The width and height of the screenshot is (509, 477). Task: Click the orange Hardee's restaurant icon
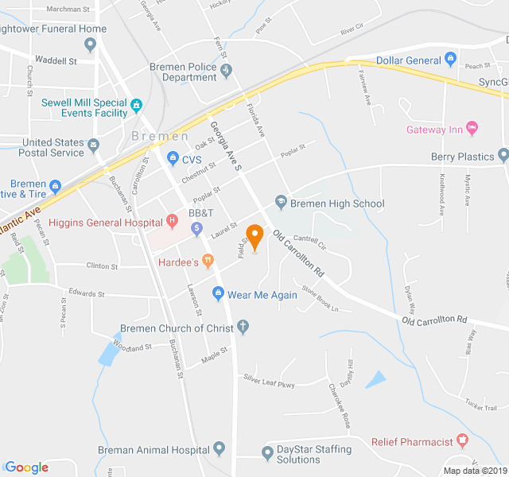click(x=208, y=259)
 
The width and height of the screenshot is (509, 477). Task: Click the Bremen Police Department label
click(x=183, y=72)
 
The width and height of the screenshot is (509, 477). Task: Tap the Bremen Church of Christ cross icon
click(x=243, y=327)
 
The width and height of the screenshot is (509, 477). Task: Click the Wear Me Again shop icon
click(x=218, y=295)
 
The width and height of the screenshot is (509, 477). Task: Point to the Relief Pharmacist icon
click(x=463, y=441)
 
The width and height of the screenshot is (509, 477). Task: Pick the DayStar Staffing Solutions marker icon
click(x=267, y=454)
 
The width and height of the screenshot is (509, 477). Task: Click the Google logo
click(x=26, y=467)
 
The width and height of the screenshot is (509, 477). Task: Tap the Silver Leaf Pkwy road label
click(x=269, y=382)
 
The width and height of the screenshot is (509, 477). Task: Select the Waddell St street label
click(x=56, y=60)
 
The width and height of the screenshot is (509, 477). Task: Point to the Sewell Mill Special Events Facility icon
click(x=136, y=103)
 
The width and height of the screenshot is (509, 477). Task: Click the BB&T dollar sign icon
click(x=197, y=229)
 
